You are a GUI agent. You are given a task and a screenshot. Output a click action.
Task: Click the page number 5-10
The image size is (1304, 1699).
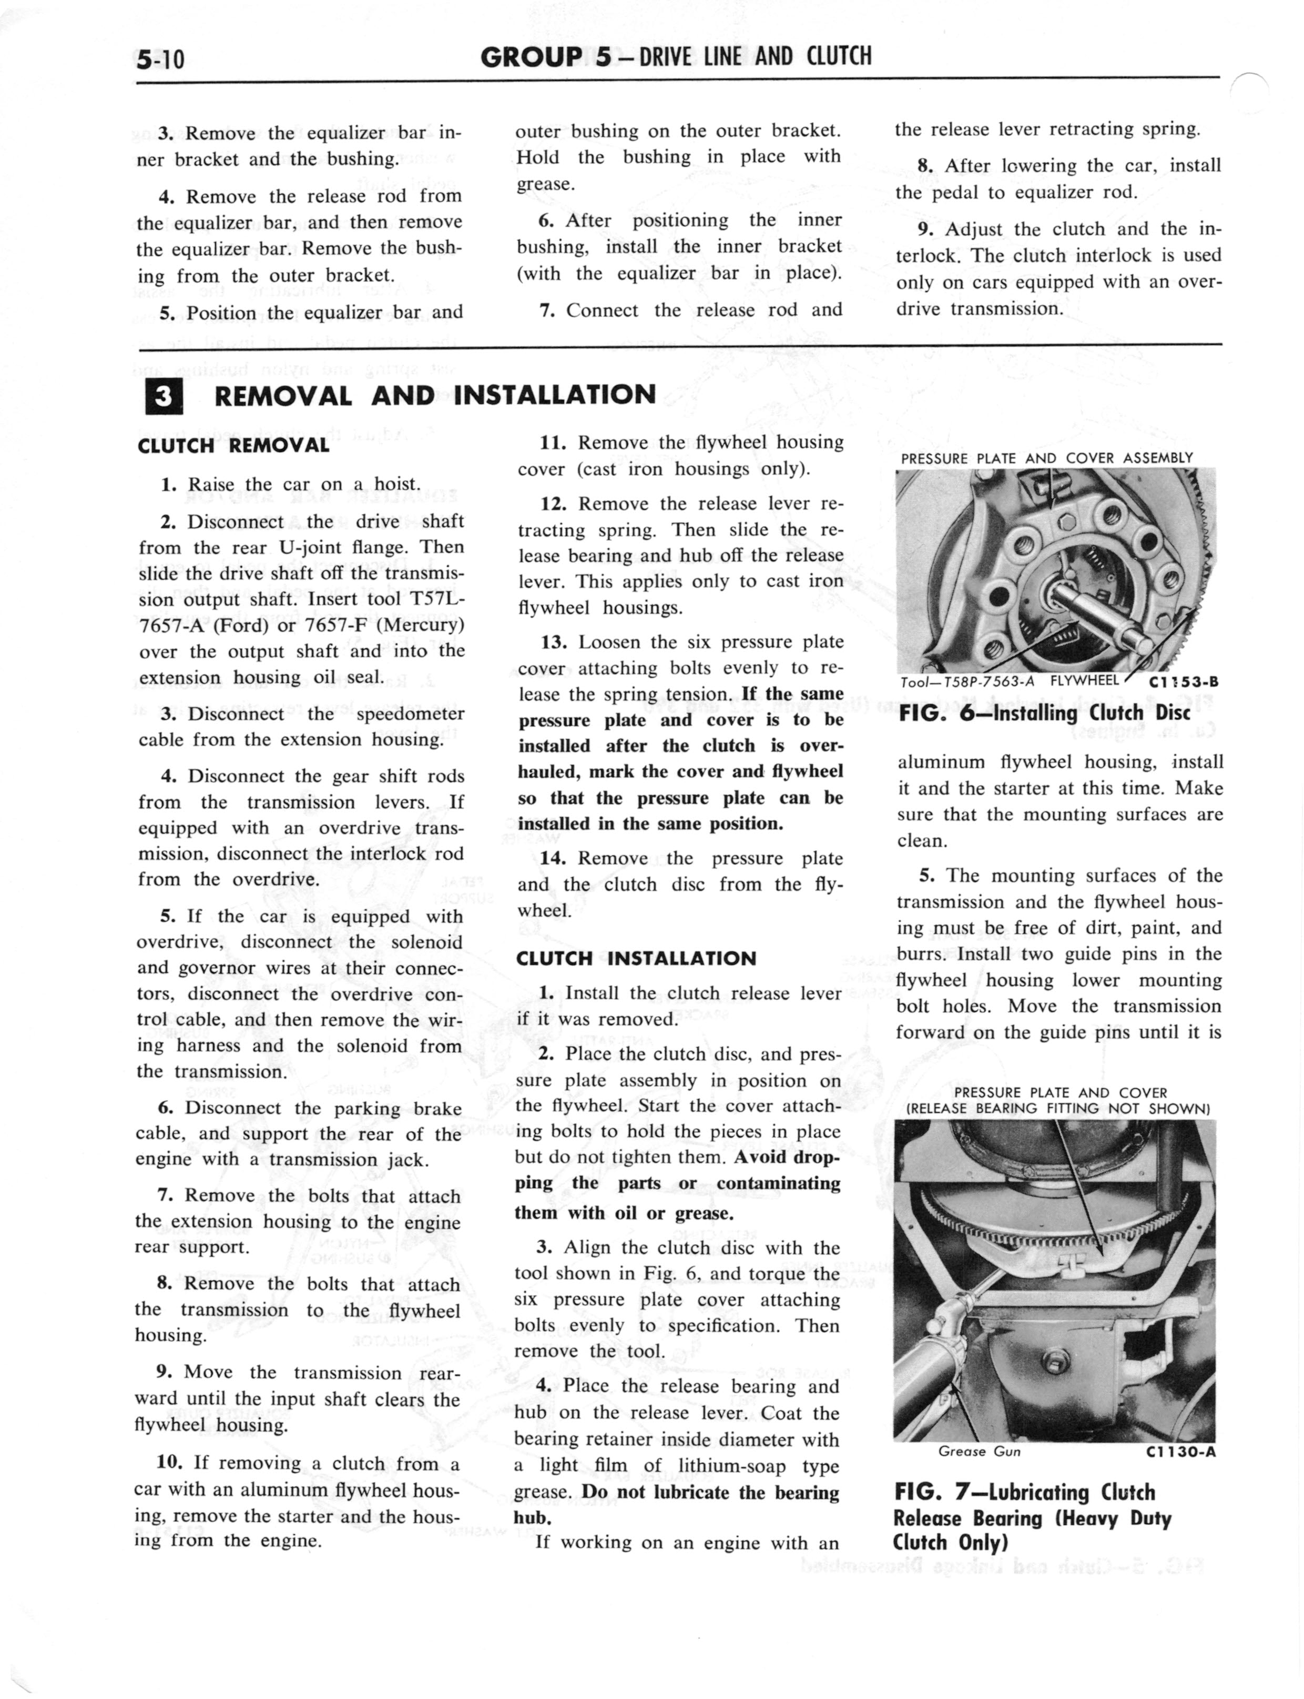click(161, 59)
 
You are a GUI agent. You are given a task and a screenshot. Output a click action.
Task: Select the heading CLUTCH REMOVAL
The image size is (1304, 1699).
click(233, 446)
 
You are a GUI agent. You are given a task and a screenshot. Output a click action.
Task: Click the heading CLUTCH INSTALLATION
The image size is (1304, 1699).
click(636, 958)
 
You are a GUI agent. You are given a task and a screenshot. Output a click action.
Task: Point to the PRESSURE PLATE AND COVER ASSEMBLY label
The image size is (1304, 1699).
click(1046, 458)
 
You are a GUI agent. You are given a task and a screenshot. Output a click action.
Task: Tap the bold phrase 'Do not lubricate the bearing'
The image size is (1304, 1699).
click(710, 1492)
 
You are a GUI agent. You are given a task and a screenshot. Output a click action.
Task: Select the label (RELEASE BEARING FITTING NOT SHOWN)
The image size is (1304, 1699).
click(1058, 1109)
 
